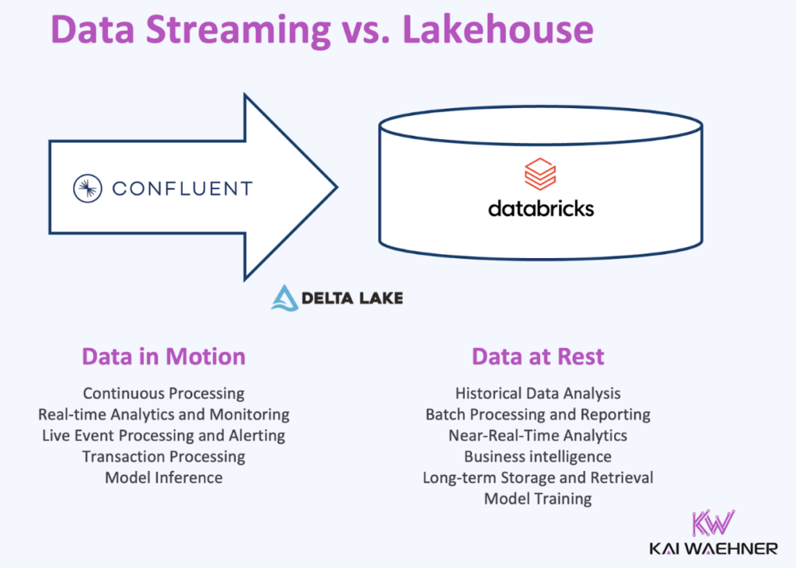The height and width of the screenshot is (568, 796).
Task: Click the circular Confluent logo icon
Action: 88,188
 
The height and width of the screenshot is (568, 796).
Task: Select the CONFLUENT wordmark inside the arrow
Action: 182,188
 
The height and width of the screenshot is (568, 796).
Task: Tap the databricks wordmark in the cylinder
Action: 540,208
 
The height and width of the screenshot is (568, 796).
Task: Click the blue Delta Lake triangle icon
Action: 285,298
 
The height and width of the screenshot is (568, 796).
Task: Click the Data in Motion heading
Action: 163,357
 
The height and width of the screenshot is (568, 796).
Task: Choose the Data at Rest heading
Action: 538,357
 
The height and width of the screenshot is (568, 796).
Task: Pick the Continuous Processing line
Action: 163,394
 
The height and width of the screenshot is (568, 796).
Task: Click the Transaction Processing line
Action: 163,456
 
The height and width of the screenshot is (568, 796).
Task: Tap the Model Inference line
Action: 163,477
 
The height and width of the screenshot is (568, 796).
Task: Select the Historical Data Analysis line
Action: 538,394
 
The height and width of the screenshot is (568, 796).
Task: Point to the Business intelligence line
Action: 538,456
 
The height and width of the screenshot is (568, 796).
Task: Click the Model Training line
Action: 538,498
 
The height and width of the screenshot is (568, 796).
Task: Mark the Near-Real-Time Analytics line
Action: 538,435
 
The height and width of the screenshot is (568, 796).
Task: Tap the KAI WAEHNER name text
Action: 714,549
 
